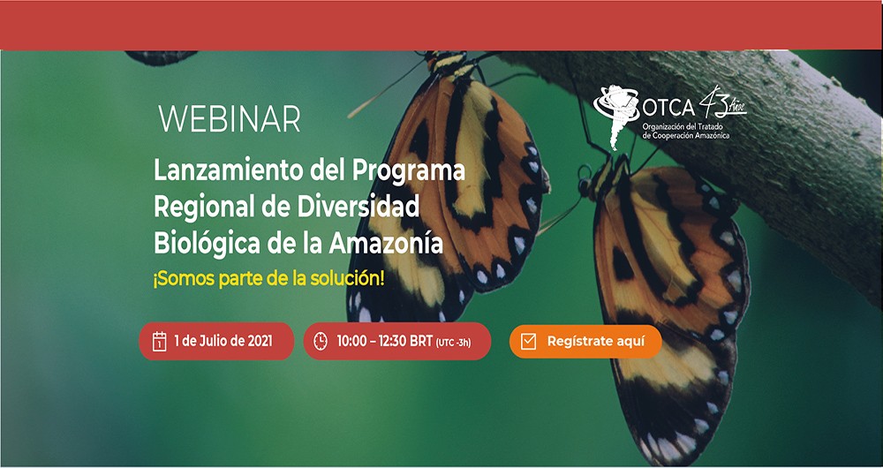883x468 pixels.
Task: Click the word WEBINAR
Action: (x=230, y=119)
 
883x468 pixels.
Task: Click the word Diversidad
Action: (x=358, y=208)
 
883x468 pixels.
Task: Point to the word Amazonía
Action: (x=386, y=244)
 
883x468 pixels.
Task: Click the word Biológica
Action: (x=208, y=245)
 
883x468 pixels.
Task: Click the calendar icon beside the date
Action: (x=159, y=341)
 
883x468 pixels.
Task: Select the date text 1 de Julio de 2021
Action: (x=223, y=341)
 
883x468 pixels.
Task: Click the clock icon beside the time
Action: (x=321, y=341)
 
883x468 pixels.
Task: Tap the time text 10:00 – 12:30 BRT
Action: (x=385, y=341)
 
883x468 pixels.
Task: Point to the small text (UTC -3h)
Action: (x=453, y=343)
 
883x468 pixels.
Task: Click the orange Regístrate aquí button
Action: (x=585, y=341)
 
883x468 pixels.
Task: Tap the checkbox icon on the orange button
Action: (x=528, y=341)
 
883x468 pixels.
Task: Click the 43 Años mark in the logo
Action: (x=722, y=102)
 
